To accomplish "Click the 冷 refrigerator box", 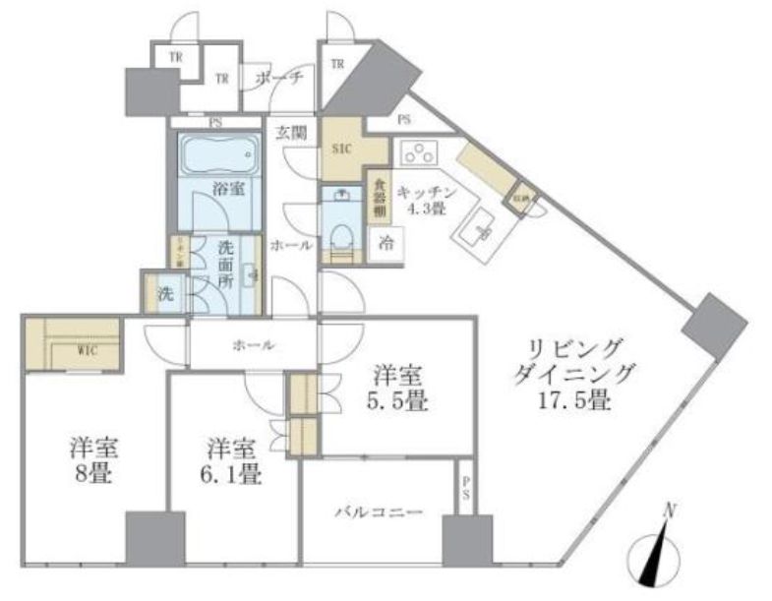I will [386, 245].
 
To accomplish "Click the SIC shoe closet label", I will [340, 150].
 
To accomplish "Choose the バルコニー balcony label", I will [378, 512].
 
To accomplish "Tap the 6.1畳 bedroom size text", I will [233, 476].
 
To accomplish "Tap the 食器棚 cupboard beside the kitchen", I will [378, 201].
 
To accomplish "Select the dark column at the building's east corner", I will [711, 327].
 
